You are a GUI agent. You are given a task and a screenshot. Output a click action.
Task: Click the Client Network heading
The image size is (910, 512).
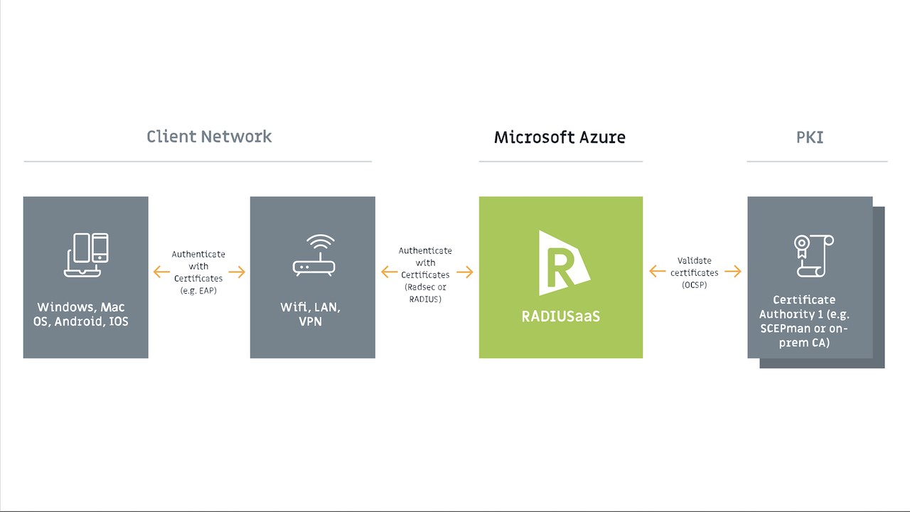209,137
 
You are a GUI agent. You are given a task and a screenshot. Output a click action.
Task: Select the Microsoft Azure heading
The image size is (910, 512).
560,137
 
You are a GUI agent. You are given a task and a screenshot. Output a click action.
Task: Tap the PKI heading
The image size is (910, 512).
810,137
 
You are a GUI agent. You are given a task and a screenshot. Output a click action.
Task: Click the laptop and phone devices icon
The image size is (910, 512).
86,255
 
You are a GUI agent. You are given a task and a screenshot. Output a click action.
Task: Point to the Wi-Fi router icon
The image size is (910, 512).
314,255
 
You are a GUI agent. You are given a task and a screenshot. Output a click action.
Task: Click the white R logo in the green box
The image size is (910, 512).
562,262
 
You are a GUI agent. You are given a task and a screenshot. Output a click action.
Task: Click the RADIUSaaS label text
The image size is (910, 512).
561,316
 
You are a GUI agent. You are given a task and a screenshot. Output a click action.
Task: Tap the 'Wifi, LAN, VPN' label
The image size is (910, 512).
311,314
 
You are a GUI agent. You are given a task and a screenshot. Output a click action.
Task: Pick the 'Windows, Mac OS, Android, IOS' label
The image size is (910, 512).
82,314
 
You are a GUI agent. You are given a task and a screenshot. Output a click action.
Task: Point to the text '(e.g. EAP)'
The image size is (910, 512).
198,290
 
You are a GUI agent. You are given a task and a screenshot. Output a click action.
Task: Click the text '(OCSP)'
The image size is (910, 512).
695,284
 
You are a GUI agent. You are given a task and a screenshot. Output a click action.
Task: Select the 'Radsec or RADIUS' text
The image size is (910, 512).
425,293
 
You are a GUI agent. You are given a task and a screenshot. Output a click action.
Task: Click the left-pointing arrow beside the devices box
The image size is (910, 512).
161,272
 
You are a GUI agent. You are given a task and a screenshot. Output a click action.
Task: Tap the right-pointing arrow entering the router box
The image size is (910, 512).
237,272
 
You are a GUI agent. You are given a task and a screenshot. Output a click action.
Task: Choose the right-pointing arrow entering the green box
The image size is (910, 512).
465,272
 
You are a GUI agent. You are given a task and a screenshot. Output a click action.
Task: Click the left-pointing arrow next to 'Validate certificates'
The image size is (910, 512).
658,271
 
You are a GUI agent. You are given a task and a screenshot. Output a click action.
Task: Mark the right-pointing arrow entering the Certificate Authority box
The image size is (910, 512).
733,271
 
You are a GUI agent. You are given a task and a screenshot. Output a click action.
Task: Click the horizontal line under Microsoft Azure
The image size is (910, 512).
560,161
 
